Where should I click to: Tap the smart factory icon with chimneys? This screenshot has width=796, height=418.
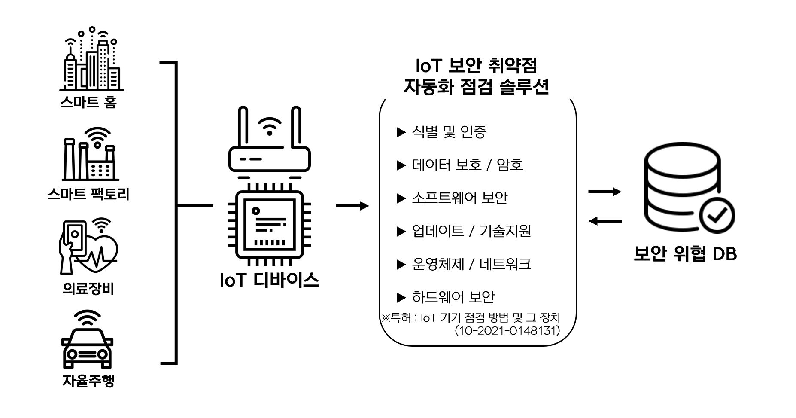(x=90, y=155)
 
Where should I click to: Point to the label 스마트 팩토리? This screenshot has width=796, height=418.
(x=88, y=194)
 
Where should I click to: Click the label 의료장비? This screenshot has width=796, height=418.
(x=88, y=289)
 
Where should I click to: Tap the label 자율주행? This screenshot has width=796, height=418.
(x=88, y=381)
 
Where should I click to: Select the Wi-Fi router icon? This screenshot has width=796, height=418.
(x=269, y=142)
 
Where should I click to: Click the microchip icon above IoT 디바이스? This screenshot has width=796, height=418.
(x=270, y=224)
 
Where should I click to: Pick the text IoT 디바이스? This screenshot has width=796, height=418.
(x=270, y=280)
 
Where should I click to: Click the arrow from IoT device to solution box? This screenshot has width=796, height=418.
(x=352, y=206)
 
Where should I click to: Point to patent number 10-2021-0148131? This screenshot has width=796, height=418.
(x=507, y=331)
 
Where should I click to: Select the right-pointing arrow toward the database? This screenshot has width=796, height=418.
(x=605, y=192)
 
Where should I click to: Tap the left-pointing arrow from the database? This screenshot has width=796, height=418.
(x=605, y=221)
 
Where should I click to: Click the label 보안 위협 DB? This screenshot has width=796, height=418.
(x=685, y=254)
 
